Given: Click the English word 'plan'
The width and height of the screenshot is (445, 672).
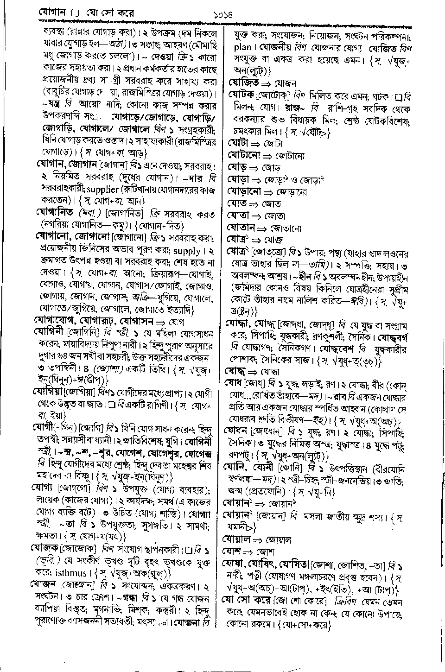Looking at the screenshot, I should point(243,47).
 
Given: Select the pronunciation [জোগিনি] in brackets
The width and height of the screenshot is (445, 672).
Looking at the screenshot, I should point(84,333).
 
